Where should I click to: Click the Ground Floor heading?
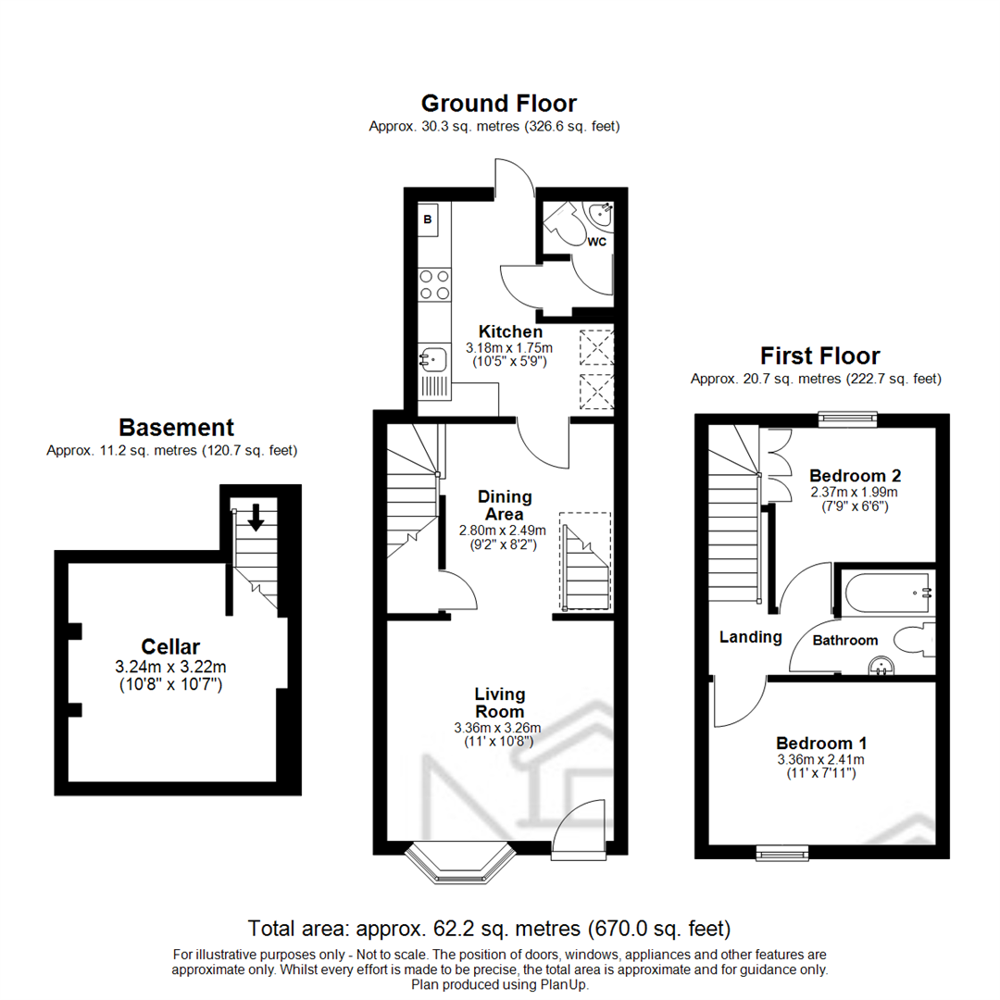pos(498,103)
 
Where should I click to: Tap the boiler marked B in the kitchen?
pos(428,220)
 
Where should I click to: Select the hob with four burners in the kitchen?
pos(434,284)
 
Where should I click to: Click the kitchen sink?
pos(431,356)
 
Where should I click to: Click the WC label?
pos(596,243)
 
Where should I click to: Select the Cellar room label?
pos(170,646)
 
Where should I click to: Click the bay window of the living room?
pos(459,861)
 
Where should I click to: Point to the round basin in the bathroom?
pos(878,665)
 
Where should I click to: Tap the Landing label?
pos(751,637)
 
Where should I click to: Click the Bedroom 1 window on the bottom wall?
pos(782,850)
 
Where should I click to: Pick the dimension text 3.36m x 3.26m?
pos(500,728)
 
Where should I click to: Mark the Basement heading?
pos(176,428)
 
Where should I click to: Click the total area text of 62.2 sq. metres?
pos(490,927)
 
